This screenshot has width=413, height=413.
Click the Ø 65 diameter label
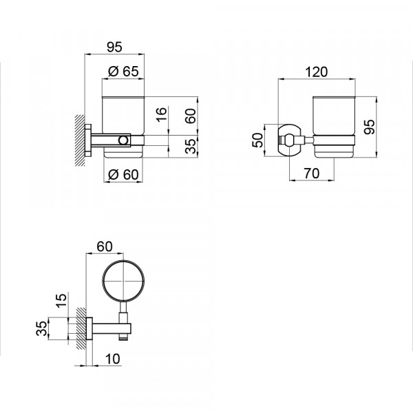pyautogui.click(x=123, y=71)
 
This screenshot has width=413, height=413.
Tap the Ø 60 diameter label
pyautogui.click(x=123, y=174)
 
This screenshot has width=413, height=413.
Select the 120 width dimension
pyautogui.click(x=317, y=72)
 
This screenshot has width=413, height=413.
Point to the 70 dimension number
pyautogui.click(x=312, y=173)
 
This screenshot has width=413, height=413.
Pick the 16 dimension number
pyautogui.click(x=162, y=114)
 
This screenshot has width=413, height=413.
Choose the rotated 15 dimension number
pyautogui.click(x=61, y=301)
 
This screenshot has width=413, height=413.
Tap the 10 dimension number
pyautogui.click(x=113, y=359)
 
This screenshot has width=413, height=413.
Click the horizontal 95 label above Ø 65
pyautogui.click(x=114, y=47)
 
